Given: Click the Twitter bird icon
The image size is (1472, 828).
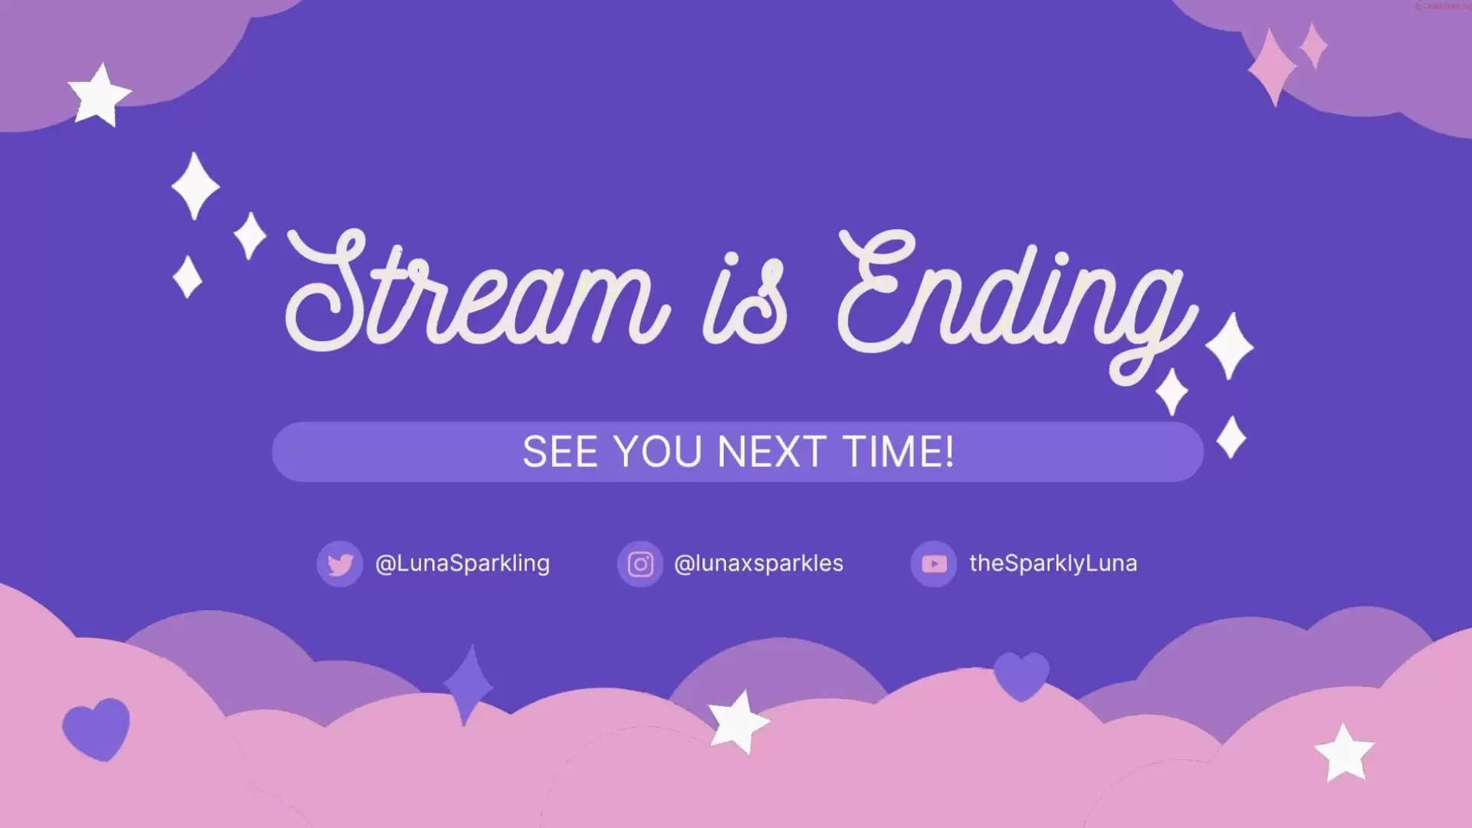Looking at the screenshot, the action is [340, 564].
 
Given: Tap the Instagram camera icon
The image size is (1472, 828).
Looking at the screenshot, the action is [640, 564].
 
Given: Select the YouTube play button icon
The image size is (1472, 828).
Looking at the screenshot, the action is [934, 564].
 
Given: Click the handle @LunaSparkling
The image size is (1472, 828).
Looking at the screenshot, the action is [462, 563].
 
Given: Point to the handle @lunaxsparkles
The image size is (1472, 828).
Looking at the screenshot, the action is [758, 563].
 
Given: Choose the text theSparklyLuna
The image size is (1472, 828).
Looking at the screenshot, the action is [1053, 563].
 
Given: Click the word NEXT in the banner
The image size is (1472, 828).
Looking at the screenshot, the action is [771, 452].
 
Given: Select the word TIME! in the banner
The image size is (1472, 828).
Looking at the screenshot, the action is [899, 452].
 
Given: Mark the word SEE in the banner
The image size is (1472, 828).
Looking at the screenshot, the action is [560, 452].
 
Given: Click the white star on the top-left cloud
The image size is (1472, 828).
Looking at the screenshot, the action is [99, 95].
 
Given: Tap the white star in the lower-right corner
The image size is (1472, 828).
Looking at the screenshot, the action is [1344, 753].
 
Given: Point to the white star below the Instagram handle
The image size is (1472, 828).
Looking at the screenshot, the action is [738, 722].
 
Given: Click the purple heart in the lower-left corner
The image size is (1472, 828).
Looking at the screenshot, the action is [97, 728].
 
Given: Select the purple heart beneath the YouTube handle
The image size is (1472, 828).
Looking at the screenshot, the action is [1021, 675].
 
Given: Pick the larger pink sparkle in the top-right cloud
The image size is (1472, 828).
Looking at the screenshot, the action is [1272, 67].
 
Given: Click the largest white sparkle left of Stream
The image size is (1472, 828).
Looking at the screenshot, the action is [195, 186].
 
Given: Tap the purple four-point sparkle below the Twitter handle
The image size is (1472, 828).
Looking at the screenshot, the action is [468, 685].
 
